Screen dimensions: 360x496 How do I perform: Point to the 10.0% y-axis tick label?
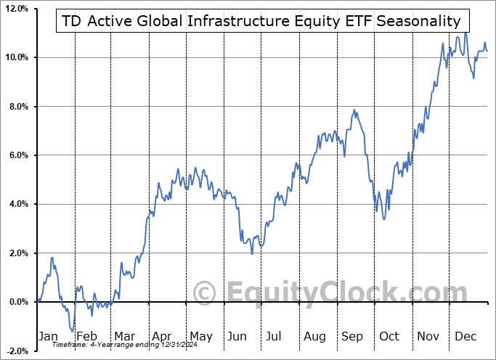coord(17,57)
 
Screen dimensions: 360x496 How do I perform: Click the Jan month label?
coord(47,336)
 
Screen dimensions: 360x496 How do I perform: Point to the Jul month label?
coord(275,336)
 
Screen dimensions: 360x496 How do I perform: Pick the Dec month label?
coord(464,336)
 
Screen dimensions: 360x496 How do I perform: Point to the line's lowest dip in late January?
coord(73,331)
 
